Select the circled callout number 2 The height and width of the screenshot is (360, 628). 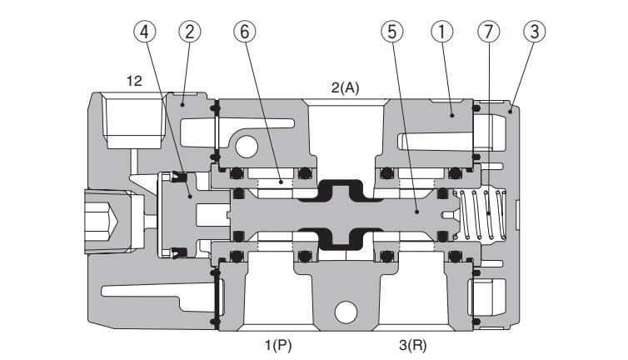click(x=191, y=32)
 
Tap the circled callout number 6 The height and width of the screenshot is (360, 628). click(x=245, y=32)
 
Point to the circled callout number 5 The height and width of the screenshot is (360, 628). click(x=391, y=32)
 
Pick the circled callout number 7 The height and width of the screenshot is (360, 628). click(x=488, y=32)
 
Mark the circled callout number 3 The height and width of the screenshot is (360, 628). click(x=534, y=32)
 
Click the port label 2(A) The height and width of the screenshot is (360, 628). click(x=344, y=87)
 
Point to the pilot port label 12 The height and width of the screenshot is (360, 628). click(x=133, y=81)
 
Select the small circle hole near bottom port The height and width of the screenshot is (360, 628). click(x=344, y=313)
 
